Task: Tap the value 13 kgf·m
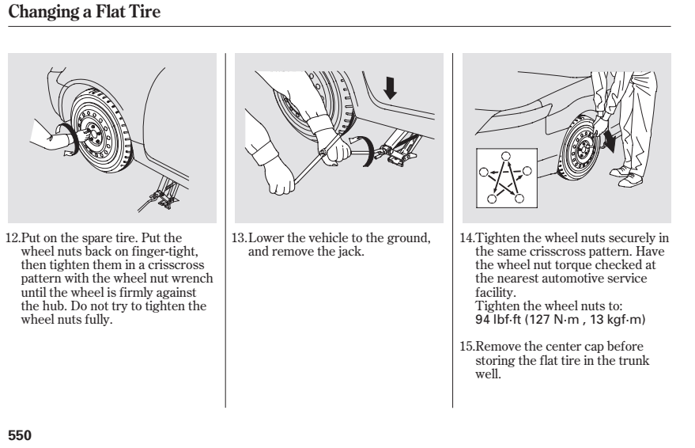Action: [617, 320]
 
